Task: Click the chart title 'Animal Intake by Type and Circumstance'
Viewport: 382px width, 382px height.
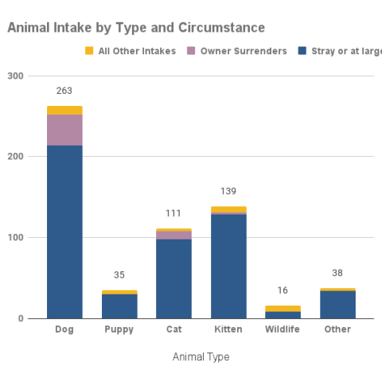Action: pos(136,28)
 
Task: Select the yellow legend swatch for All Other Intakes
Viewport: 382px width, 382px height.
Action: pos(89,52)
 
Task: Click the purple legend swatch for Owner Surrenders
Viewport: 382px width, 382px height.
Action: pos(191,52)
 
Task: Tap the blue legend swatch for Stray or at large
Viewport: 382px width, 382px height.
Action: pos(302,52)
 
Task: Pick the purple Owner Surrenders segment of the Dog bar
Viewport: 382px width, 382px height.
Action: pos(64,130)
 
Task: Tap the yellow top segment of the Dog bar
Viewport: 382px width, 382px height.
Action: pos(64,110)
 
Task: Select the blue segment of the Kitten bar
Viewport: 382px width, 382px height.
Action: pos(228,267)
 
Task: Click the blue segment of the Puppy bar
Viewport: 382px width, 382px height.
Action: pos(119,306)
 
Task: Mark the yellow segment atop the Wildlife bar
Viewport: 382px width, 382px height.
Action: pos(283,308)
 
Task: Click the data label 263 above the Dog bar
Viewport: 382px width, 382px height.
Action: pos(64,91)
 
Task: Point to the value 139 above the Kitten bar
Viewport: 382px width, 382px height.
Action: pos(228,191)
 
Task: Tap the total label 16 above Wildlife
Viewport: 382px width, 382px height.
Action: pos(283,290)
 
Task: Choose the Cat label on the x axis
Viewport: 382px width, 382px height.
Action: pos(173,329)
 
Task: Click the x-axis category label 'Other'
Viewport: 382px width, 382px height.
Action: pos(337,329)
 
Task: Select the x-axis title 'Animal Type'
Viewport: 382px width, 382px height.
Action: pos(201,357)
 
